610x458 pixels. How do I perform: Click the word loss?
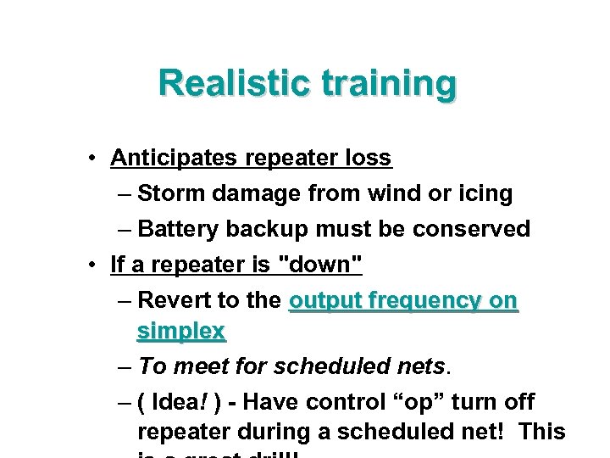[369, 159]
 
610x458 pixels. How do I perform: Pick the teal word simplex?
[180, 332]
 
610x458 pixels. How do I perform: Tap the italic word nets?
[421, 366]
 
